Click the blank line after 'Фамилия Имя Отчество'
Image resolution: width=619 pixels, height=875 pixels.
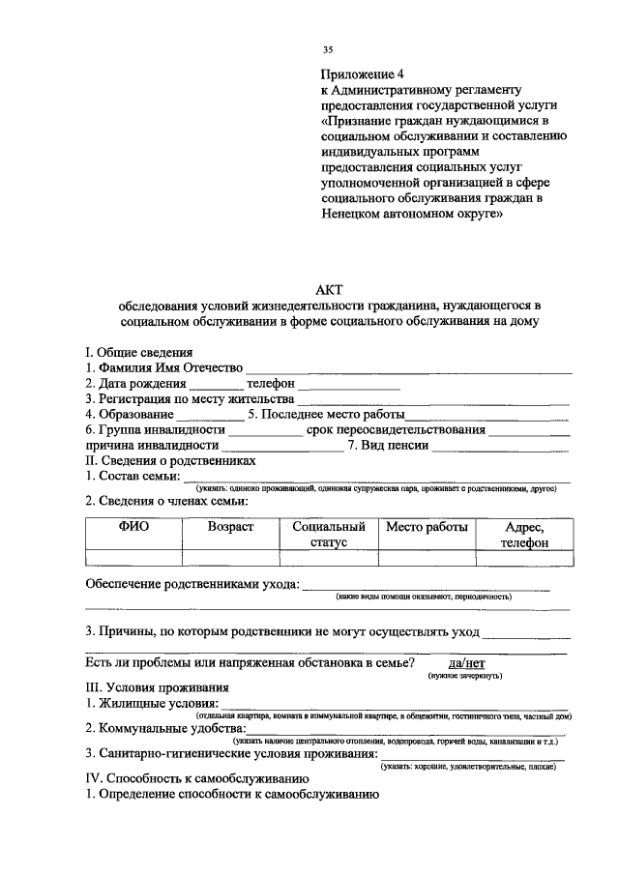pyautogui.click(x=408, y=368)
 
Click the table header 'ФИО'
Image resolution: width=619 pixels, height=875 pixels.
pyautogui.click(x=133, y=528)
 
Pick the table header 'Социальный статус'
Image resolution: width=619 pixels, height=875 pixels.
pyautogui.click(x=329, y=535)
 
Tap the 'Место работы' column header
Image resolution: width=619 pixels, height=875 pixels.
pyautogui.click(x=427, y=528)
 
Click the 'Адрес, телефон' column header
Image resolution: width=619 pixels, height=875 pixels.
pyautogui.click(x=523, y=535)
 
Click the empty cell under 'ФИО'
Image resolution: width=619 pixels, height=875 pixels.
pyautogui.click(x=133, y=557)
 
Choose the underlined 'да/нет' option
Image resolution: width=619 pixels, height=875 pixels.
pyautogui.click(x=464, y=662)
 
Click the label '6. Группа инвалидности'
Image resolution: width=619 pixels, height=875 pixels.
pyautogui.click(x=156, y=429)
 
